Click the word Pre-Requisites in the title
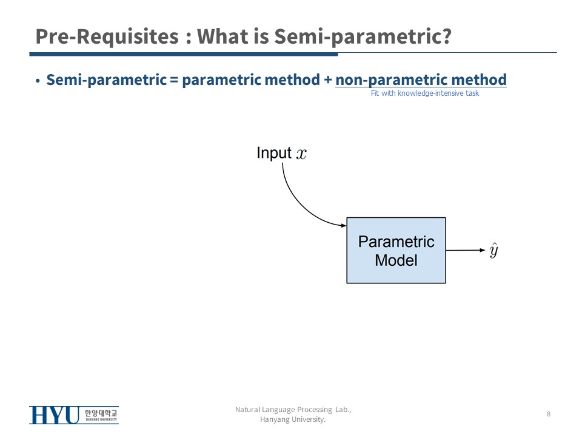click(x=107, y=36)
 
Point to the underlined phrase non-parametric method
click(x=421, y=80)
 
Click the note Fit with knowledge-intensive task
click(x=425, y=93)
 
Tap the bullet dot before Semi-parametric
click(x=38, y=81)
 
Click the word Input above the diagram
click(x=274, y=153)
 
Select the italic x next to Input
click(x=301, y=154)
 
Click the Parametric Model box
click(x=396, y=251)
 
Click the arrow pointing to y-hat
click(x=466, y=250)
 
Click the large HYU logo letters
click(x=55, y=415)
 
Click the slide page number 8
click(x=549, y=414)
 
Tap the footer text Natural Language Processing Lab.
click(x=293, y=410)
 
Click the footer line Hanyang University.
click(x=293, y=419)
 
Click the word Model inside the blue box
click(x=396, y=260)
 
